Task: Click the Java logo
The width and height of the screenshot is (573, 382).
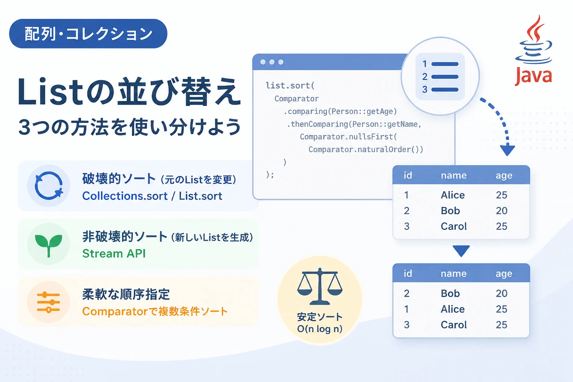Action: click(x=533, y=51)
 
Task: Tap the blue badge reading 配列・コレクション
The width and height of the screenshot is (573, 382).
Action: click(x=88, y=34)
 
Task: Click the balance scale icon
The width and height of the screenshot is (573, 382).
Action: click(x=320, y=286)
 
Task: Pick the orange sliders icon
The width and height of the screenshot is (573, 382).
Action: click(x=48, y=302)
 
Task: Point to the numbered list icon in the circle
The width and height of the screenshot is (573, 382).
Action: click(x=440, y=76)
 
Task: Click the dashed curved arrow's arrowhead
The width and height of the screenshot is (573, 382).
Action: click(x=507, y=150)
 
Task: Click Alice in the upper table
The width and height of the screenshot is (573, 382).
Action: click(x=453, y=195)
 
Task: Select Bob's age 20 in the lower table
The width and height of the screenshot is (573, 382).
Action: click(x=501, y=293)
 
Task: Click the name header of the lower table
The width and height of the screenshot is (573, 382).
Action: click(x=454, y=273)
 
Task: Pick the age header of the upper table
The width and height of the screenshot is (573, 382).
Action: click(x=504, y=176)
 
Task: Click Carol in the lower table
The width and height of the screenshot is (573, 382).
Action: click(x=454, y=325)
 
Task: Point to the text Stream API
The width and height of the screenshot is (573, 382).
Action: click(x=114, y=254)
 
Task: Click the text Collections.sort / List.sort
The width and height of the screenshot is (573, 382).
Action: click(x=152, y=196)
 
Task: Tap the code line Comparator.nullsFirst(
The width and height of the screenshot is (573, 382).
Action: click(x=348, y=137)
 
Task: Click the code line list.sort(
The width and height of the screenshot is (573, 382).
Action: click(x=290, y=85)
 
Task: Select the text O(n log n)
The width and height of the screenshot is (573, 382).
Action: click(x=320, y=329)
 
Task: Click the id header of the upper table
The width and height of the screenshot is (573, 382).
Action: click(x=408, y=175)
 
